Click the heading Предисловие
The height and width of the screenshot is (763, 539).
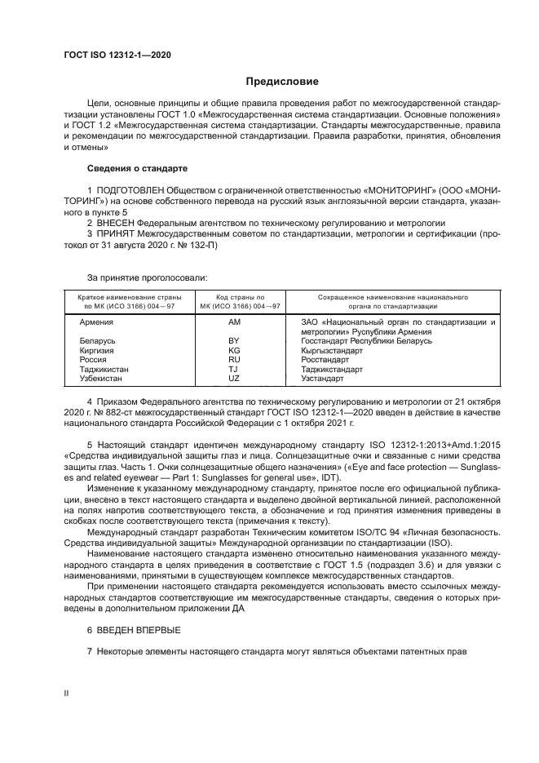pos(283,81)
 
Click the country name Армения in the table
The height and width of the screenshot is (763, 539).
pos(96,322)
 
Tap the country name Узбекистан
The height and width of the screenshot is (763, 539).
pos(102,379)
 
